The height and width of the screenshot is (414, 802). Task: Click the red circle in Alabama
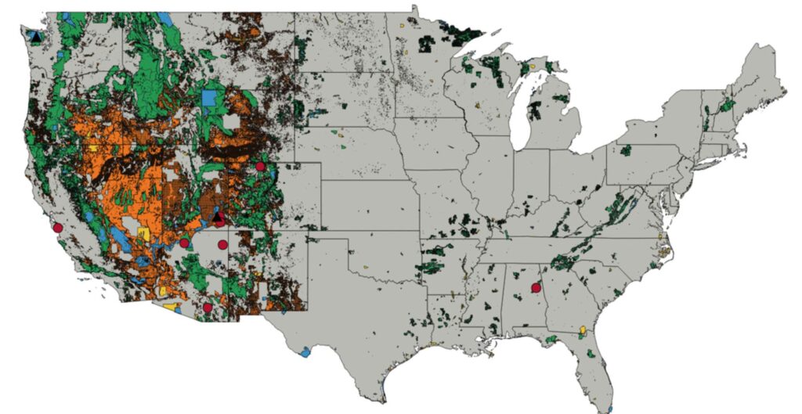(x=536, y=287)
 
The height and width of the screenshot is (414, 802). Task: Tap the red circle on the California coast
(x=57, y=228)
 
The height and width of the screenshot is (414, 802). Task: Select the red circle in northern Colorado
(x=260, y=166)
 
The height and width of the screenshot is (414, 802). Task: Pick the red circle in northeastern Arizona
(x=184, y=243)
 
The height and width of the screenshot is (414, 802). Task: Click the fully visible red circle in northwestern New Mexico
(x=222, y=245)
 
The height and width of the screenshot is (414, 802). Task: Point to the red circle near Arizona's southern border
(x=207, y=308)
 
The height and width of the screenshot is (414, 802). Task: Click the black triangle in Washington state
(x=35, y=35)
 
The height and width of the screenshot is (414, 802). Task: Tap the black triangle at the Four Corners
(x=219, y=216)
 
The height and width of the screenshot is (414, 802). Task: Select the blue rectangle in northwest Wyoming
(x=209, y=99)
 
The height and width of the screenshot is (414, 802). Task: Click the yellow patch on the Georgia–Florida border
(x=583, y=329)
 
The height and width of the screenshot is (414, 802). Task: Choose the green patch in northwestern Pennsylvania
(x=625, y=149)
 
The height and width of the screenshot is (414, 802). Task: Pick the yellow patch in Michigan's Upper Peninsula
(x=536, y=67)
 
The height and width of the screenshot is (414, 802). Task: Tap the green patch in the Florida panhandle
(x=553, y=339)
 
